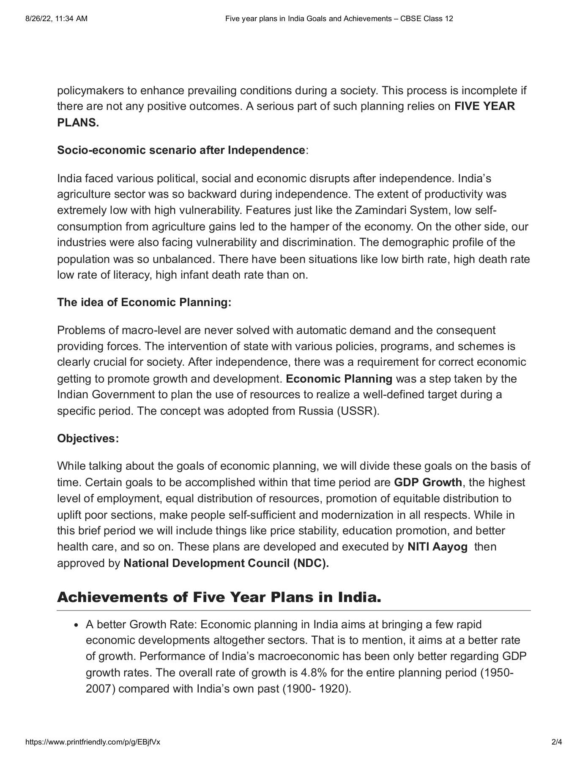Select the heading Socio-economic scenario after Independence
(181, 150)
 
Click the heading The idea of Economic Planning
(144, 302)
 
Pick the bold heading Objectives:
(88, 438)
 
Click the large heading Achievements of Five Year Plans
(219, 597)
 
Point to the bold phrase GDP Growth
(428, 482)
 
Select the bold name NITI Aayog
(438, 547)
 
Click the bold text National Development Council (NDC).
(226, 563)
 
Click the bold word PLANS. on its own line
(78, 123)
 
